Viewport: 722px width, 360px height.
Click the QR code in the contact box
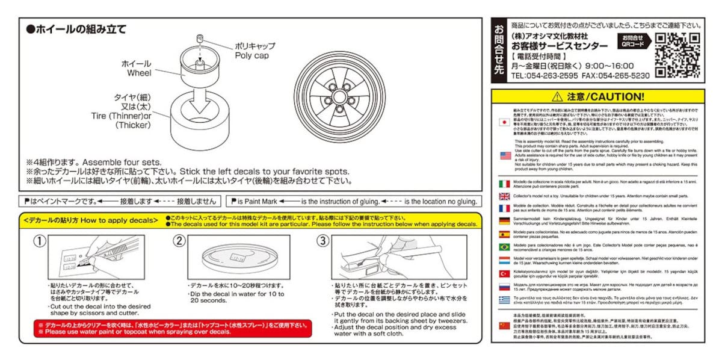pos(678,55)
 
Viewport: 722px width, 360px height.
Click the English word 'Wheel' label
pos(139,73)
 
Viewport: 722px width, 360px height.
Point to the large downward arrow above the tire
pos(201,105)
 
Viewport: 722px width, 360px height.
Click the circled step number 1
pos(39,241)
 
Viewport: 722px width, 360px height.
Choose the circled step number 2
pos(179,241)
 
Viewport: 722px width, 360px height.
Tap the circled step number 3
pos(323,241)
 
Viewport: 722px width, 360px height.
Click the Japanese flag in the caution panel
pos(505,122)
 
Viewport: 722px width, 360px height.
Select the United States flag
pos(505,155)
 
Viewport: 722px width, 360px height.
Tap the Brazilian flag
pos(505,247)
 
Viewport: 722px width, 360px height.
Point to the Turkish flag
pos(505,273)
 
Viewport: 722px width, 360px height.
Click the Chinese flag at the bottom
pos(505,325)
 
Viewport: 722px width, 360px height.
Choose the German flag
pos(505,220)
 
